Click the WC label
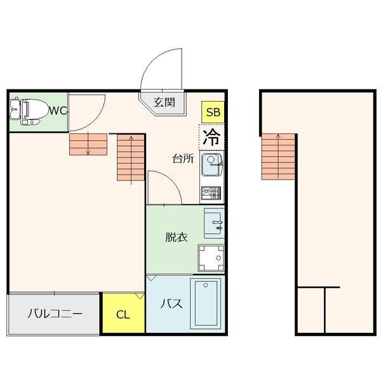click(x=58, y=110)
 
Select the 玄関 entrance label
click(x=164, y=102)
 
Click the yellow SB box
click(x=213, y=112)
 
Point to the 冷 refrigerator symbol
click(x=213, y=136)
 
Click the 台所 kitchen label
click(x=182, y=159)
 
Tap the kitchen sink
click(x=211, y=166)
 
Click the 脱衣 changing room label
click(x=176, y=237)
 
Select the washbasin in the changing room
click(x=215, y=224)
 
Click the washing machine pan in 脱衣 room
click(x=211, y=258)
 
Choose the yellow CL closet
click(x=123, y=314)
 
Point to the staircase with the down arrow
click(x=87, y=145)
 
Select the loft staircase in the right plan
click(x=278, y=156)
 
